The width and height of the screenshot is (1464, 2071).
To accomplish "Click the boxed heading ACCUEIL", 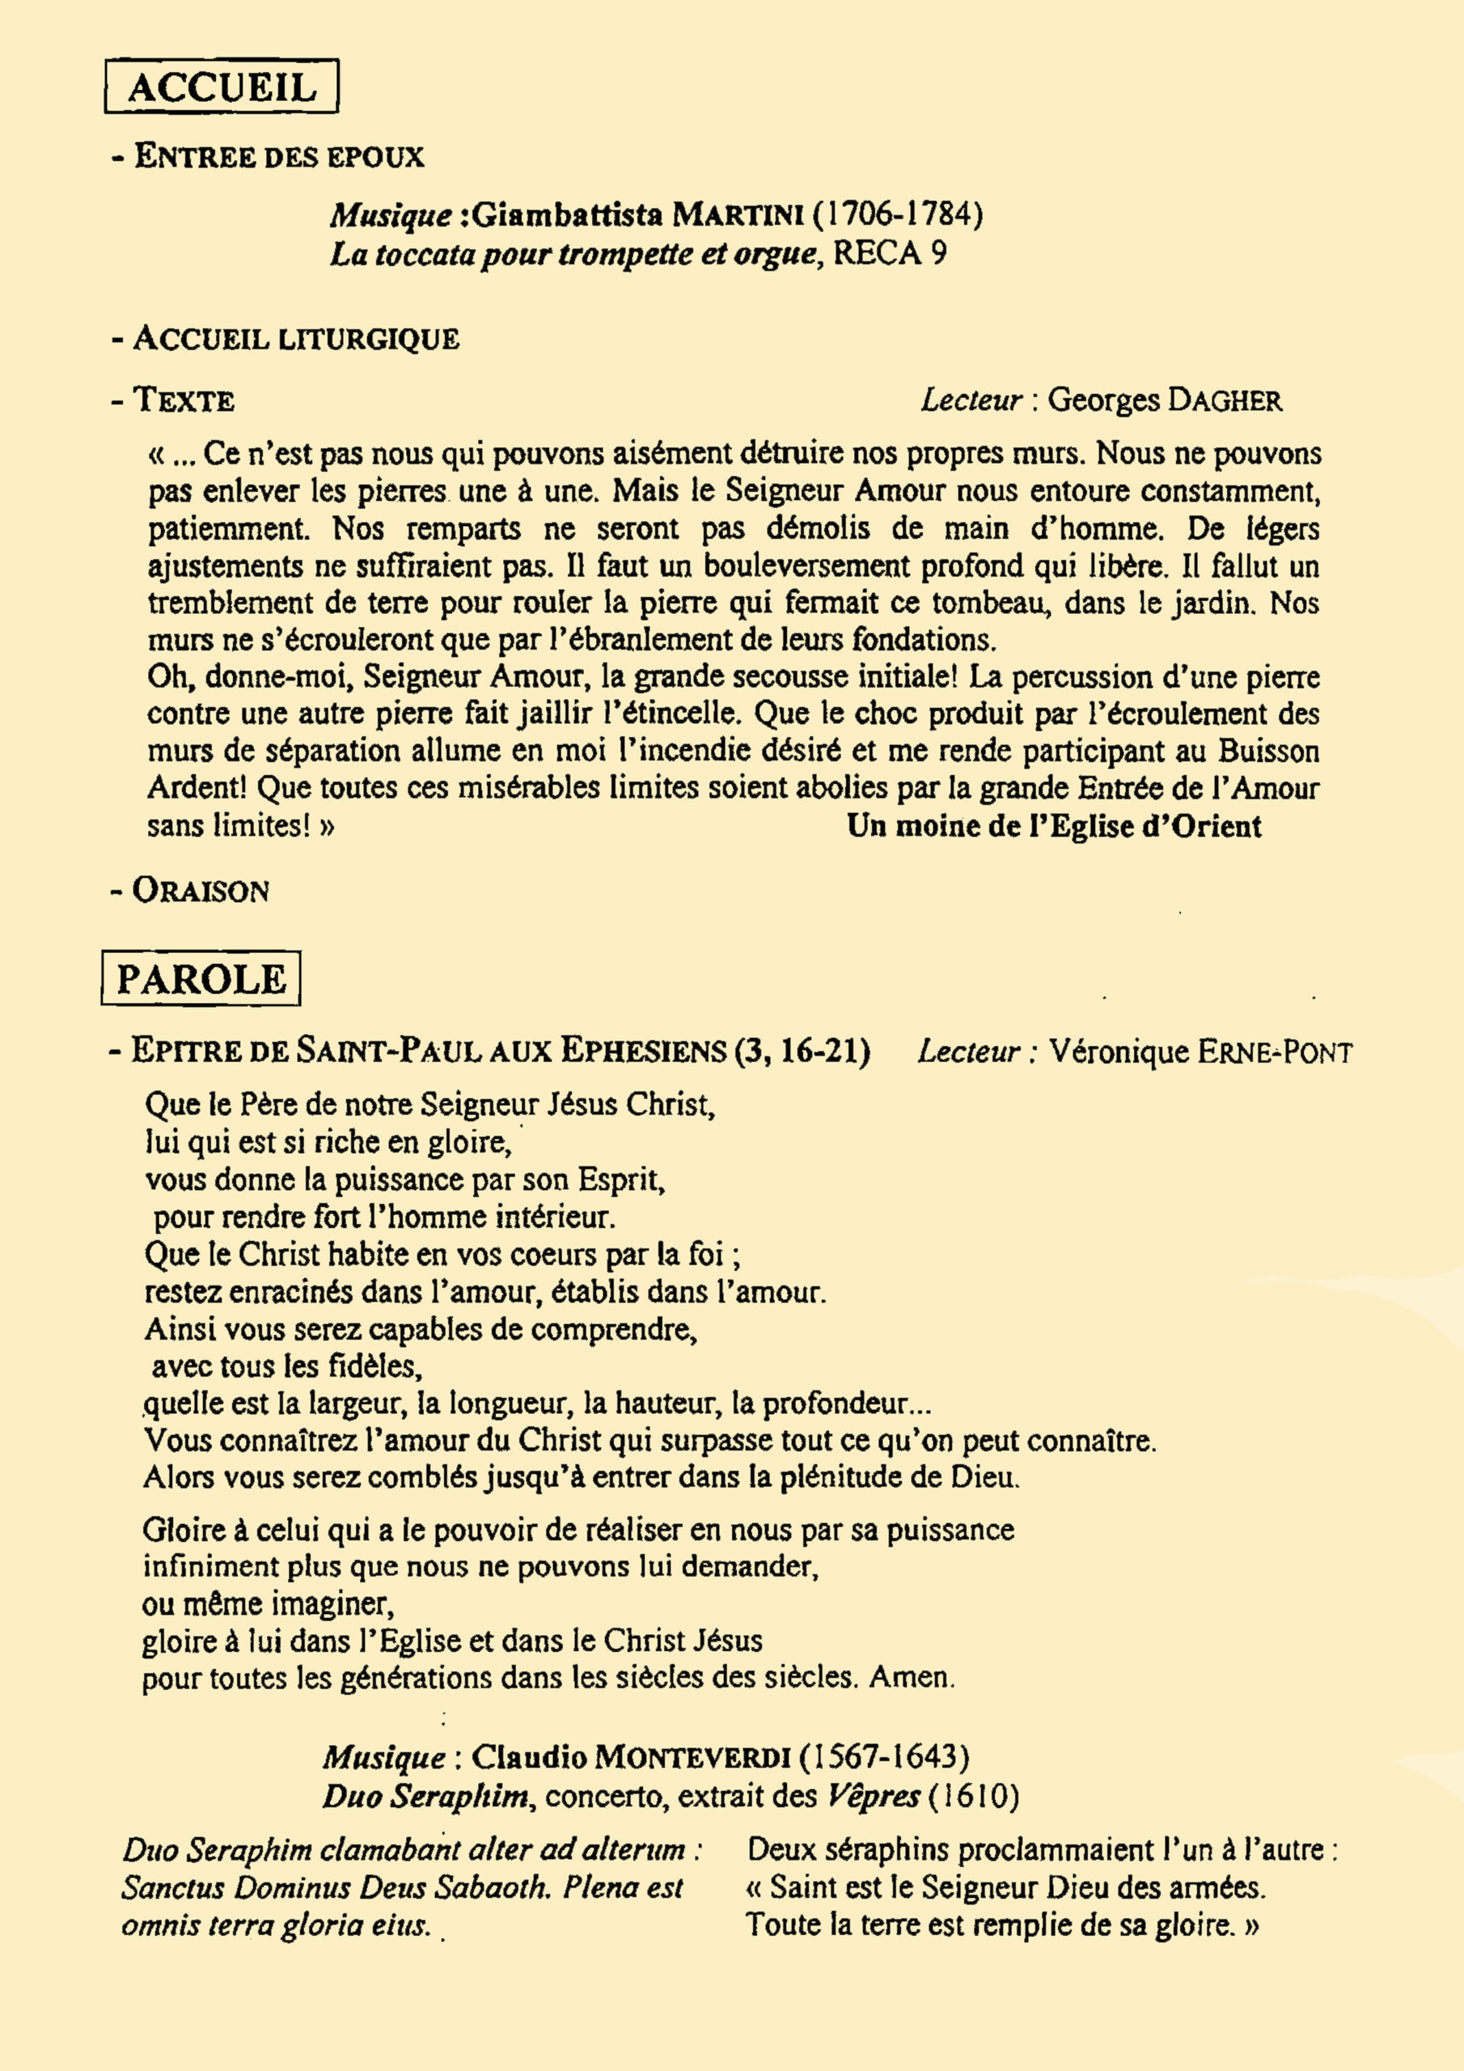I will [222, 87].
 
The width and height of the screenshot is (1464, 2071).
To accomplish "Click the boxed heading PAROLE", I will [201, 979].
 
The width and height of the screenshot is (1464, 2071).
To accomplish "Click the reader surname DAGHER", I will [1223, 400].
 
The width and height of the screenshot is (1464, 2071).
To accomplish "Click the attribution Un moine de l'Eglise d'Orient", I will [1054, 825].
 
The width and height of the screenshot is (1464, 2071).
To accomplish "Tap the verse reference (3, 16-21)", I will [803, 1051].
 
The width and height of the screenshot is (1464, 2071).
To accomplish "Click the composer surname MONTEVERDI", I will [694, 1757].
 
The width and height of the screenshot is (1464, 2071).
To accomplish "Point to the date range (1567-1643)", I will [885, 1757].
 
